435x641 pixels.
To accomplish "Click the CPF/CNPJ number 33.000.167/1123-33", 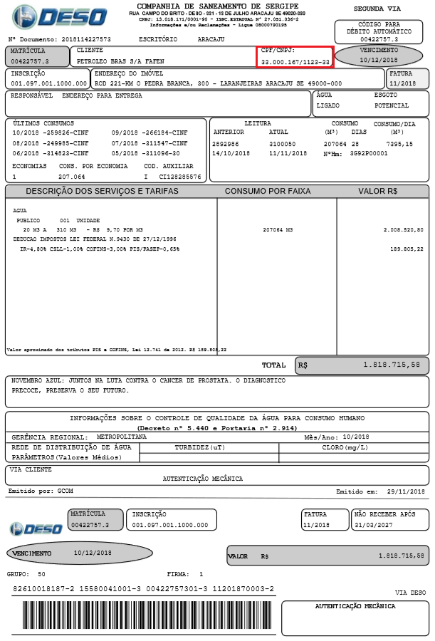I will (x=295, y=63).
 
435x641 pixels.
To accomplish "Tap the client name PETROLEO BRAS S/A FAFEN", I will (x=115, y=62).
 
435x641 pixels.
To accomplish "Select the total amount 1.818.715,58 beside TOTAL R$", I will (x=391, y=365).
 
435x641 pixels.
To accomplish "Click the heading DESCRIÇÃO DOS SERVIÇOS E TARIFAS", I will (x=103, y=192).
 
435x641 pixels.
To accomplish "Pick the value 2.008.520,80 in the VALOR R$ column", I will (x=403, y=230).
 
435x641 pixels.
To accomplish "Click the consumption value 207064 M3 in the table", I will (x=277, y=230).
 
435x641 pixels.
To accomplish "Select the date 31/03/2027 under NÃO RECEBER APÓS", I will (x=373, y=525).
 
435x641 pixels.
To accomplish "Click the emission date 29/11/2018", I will (x=407, y=491).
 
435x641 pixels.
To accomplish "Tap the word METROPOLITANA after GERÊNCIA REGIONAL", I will (x=122, y=436).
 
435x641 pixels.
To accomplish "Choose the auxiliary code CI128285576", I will (x=179, y=176).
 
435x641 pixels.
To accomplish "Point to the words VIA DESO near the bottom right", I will (x=409, y=592).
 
